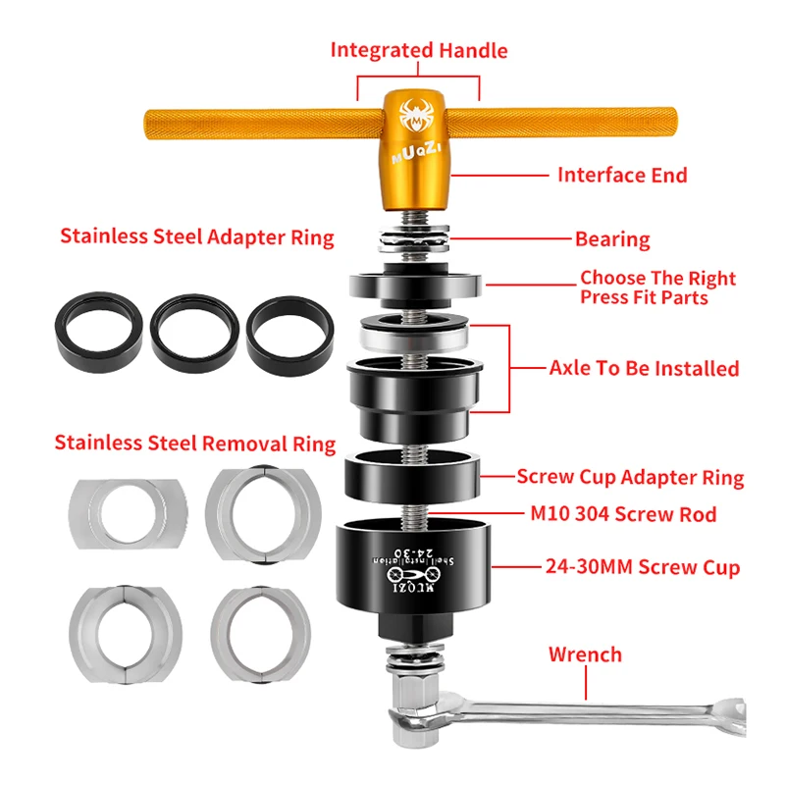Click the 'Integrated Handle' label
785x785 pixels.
(419, 51)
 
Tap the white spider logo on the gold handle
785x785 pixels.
(415, 116)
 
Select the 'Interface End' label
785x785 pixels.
(622, 176)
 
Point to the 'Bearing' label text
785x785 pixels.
(612, 239)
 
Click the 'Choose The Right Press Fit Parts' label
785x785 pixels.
(657, 288)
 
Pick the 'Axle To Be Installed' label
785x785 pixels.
(645, 368)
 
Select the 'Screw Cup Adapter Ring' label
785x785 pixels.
(630, 477)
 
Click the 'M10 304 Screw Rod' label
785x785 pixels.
(623, 514)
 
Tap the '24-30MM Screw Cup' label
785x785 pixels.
(643, 567)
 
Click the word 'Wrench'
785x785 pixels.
(585, 654)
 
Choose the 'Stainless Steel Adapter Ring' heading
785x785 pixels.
(197, 236)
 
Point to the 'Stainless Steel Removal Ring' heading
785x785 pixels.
(194, 444)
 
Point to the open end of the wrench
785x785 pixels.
(732, 715)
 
